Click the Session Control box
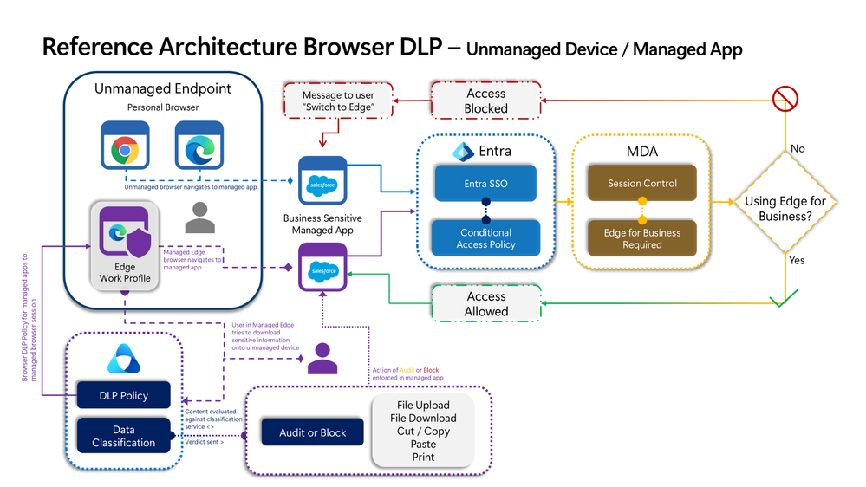pos(642,184)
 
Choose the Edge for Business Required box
pos(642,238)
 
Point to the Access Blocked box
pos(485,101)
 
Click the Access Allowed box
pos(485,303)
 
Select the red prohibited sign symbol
pos(785,99)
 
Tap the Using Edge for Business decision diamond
pos(785,208)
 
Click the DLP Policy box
pos(124,396)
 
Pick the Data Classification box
pos(124,436)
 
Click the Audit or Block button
pos(312,432)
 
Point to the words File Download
pos(423,418)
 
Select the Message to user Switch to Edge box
pos(339,101)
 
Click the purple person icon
pos(323,358)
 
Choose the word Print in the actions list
pos(423,457)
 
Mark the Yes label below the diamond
pos(797,259)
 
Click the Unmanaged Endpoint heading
pos(163,88)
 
